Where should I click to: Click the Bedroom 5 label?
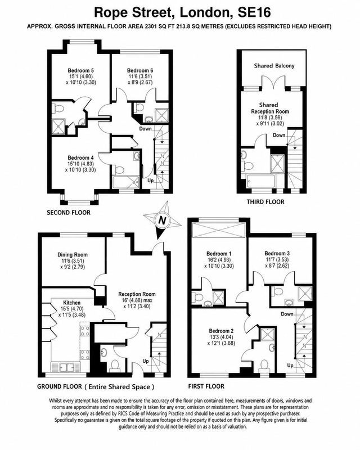pyautogui.click(x=80, y=71)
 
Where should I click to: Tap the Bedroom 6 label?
pyautogui.click(x=140, y=71)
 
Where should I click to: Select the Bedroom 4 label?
pyautogui.click(x=80, y=158)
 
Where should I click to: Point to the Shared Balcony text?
pyautogui.click(x=274, y=66)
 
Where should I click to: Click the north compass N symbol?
pyautogui.click(x=163, y=220)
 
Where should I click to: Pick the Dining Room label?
pyautogui.click(x=73, y=255)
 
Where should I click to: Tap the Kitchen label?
pyautogui.click(x=72, y=303)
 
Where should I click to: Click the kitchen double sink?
pyautogui.click(x=66, y=367)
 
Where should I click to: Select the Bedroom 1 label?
pyautogui.click(x=219, y=254)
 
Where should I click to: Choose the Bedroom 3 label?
pyautogui.click(x=277, y=254)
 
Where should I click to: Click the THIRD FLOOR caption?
pyautogui.click(x=265, y=202)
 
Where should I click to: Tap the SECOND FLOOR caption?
pyautogui.click(x=69, y=213)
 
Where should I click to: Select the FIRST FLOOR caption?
pyautogui.click(x=206, y=386)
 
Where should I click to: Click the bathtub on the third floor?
pyautogui.click(x=260, y=181)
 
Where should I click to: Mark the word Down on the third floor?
pyautogui.click(x=279, y=135)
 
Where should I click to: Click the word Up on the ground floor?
pyautogui.click(x=146, y=361)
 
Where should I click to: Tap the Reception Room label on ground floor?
pyautogui.click(x=137, y=294)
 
